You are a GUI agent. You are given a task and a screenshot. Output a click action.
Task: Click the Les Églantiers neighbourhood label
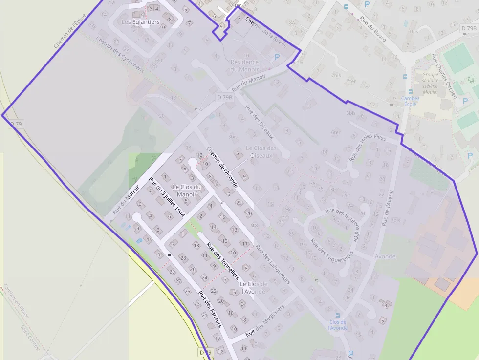tap(140, 22)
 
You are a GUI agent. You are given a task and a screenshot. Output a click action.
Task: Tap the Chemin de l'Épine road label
tap(70, 30)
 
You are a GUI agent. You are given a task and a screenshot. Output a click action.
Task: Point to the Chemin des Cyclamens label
tap(120, 54)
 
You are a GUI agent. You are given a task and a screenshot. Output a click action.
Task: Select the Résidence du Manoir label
tap(244, 65)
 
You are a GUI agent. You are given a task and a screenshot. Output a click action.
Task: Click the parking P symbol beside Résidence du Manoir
tap(277, 57)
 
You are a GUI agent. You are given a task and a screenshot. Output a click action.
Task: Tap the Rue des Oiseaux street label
tap(259, 122)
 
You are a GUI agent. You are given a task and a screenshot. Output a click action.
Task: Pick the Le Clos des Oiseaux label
tap(261, 151)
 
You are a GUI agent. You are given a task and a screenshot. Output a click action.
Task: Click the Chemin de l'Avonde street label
tap(222, 167)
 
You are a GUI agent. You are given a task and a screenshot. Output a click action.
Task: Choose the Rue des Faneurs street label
tap(210, 309)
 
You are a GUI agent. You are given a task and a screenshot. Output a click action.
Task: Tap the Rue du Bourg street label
tap(373, 29)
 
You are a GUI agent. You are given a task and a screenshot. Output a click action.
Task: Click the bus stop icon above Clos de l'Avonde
tap(338, 315)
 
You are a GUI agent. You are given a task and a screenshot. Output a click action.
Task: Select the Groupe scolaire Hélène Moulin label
tap(430, 83)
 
